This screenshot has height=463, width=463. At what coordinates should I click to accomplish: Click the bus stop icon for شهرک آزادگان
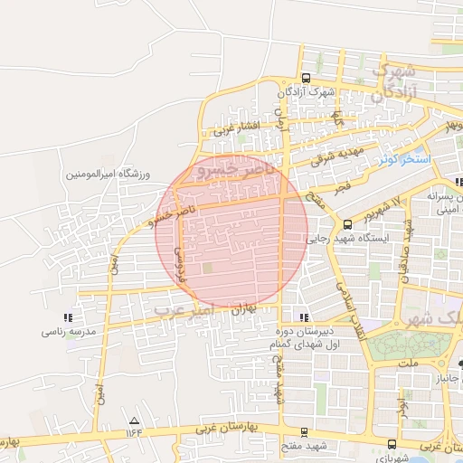tap(307, 78)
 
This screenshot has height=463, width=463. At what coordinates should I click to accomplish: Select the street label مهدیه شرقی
tap(336, 156)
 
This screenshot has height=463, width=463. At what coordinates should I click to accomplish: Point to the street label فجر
tap(342, 183)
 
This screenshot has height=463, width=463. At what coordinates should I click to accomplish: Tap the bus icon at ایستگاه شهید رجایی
tap(348, 224)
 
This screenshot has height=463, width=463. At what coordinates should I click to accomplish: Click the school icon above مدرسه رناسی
tap(67, 318)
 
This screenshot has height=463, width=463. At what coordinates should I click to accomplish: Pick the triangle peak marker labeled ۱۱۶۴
tap(135, 420)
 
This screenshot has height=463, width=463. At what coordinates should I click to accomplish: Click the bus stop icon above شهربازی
tap(392, 444)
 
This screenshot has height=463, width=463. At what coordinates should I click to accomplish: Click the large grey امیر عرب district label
tap(194, 309)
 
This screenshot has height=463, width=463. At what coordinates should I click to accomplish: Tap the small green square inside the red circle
tap(208, 268)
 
